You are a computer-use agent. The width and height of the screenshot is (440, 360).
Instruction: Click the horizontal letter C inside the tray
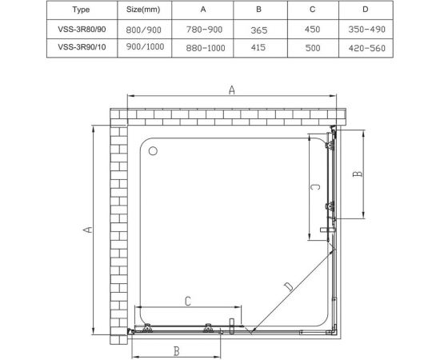tap(186, 301)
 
